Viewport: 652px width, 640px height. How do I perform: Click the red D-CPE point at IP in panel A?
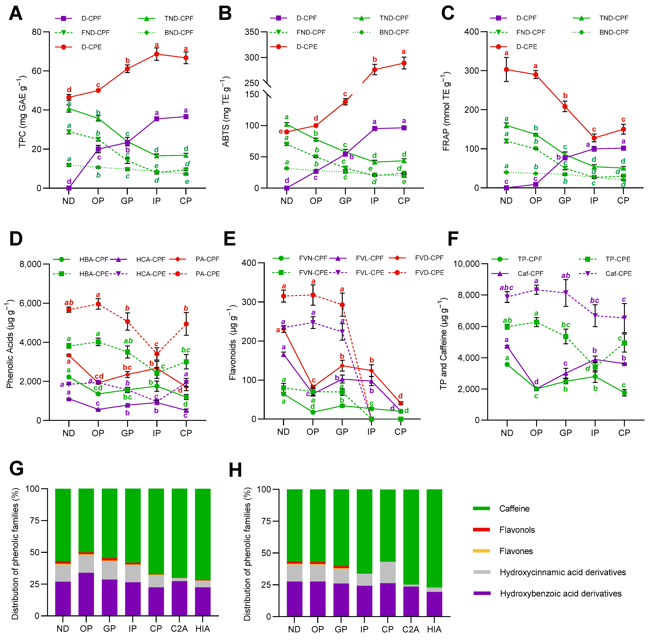point(156,54)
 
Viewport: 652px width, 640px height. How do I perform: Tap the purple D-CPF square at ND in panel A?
point(69,188)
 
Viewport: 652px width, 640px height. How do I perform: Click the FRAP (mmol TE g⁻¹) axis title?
point(446,111)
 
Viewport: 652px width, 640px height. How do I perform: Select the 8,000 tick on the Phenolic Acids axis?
point(30,264)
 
